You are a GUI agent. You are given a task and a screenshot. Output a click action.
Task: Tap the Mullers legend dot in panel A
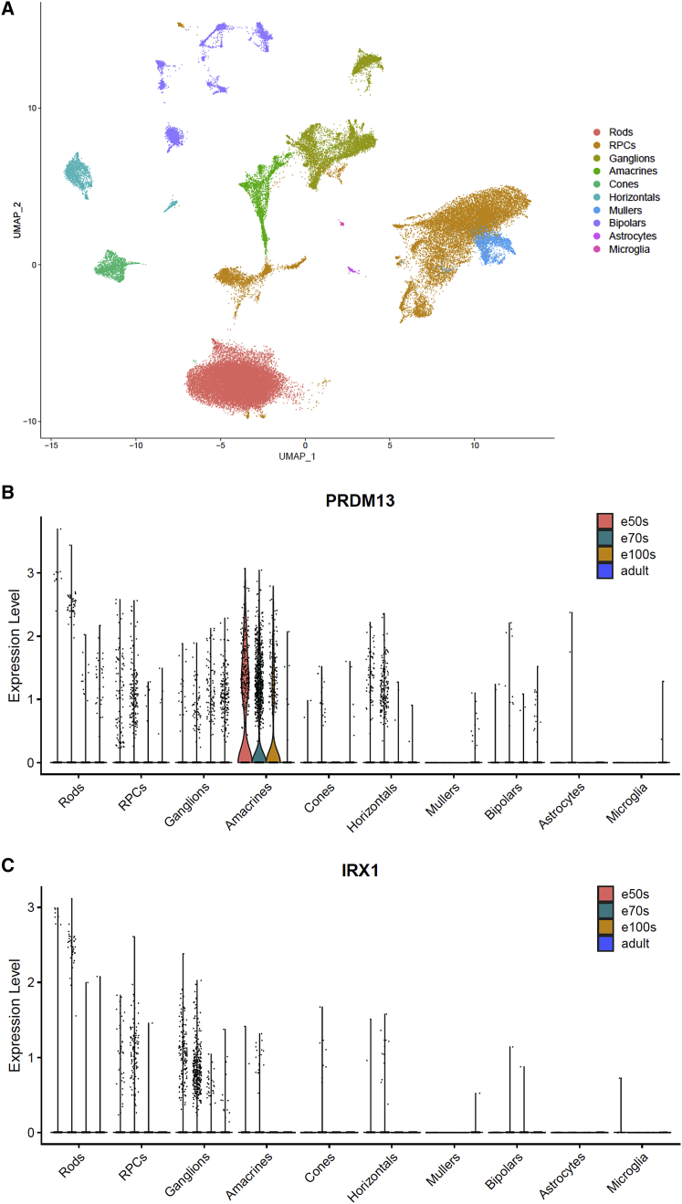tap(597, 209)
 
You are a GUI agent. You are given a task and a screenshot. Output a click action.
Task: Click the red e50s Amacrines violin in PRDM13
tap(245, 721)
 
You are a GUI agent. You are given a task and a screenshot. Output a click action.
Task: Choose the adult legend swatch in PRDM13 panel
tap(603, 571)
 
